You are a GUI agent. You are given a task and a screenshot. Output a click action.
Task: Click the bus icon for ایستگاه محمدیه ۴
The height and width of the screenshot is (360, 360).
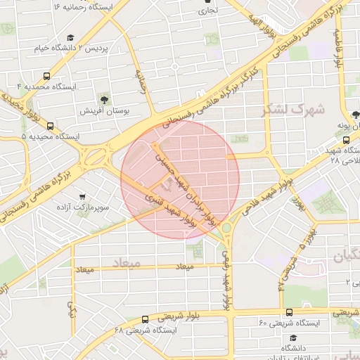46,76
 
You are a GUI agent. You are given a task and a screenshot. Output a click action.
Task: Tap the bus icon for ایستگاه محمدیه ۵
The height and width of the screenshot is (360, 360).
49,127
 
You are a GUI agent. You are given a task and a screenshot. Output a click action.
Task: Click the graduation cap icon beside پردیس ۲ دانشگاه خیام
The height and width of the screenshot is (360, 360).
70,38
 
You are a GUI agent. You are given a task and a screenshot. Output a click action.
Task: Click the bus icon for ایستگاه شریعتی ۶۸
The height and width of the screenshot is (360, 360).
144,319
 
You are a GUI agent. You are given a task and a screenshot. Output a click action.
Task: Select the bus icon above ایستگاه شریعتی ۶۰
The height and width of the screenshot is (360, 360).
288,312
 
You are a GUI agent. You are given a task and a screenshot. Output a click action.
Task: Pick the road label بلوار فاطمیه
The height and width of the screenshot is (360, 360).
338,49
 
